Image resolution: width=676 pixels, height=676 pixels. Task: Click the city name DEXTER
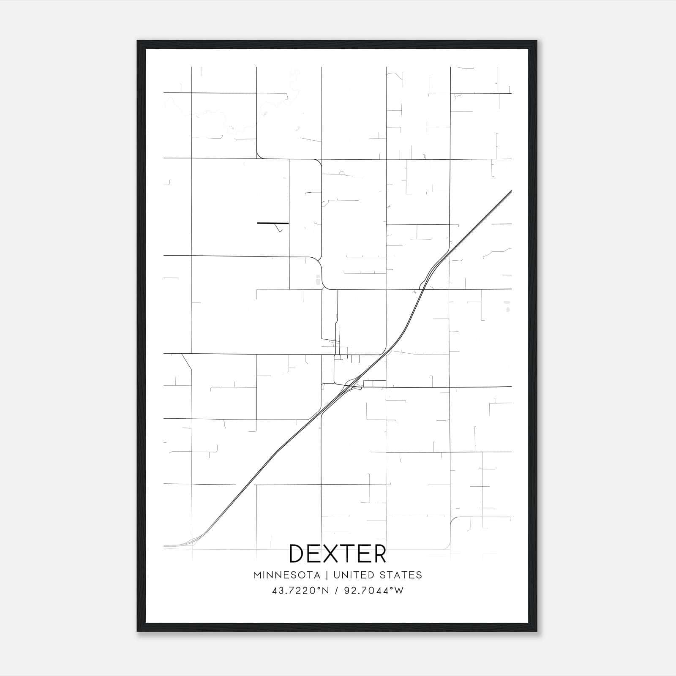(x=338, y=553)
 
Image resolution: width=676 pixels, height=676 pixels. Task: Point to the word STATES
(x=401, y=575)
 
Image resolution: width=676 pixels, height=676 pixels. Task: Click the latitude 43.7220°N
(x=300, y=591)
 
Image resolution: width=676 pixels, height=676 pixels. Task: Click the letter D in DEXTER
(x=297, y=553)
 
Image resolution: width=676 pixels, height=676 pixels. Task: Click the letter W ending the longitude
(x=399, y=591)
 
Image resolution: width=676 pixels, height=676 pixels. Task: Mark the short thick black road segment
(x=273, y=223)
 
